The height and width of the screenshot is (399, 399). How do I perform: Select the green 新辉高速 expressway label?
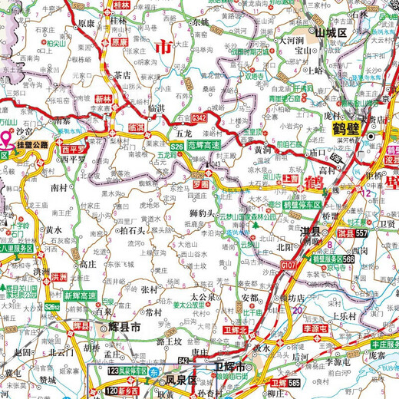click(x=81, y=295)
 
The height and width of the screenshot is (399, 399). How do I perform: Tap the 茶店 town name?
click(x=123, y=75)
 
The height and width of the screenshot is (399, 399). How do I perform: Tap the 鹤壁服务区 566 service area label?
click(x=334, y=259)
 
